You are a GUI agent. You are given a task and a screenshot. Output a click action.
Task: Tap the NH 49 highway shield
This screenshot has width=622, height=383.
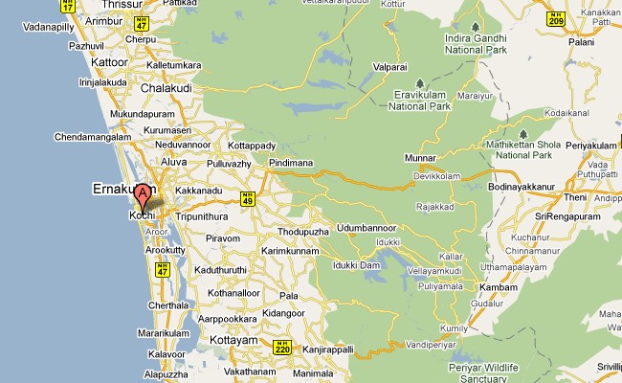click(x=247, y=198)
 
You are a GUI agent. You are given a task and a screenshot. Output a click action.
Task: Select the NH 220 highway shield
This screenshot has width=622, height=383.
click(x=281, y=347)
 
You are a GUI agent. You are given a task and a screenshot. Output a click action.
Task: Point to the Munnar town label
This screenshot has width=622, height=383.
click(x=420, y=157)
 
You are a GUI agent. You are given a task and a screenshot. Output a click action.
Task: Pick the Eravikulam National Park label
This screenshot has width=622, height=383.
click(x=428, y=101)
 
